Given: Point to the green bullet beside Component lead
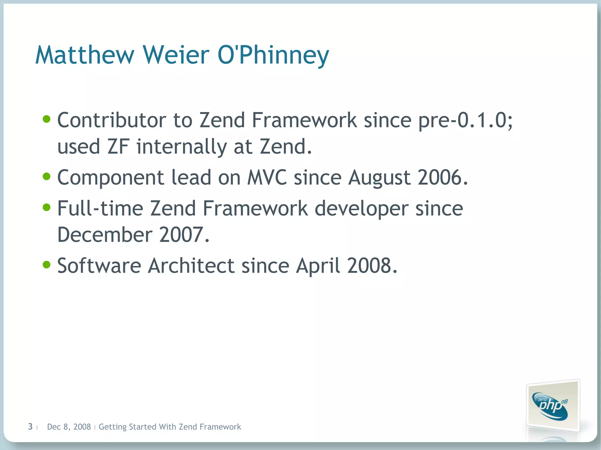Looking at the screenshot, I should point(47,176).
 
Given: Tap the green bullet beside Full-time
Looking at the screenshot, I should point(47,208).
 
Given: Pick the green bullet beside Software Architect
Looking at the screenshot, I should point(47,265).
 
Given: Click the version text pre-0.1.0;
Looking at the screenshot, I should point(465,120).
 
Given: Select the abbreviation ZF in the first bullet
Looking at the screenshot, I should point(118,147).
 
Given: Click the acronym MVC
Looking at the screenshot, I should point(267,177).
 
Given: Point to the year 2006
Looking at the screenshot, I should point(442,177).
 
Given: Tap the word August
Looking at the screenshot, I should point(379,178).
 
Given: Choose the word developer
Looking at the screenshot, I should point(362,209).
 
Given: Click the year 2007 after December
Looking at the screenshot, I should point(184,235).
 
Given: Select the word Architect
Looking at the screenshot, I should point(191,266).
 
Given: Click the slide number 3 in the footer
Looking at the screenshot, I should point(30,427).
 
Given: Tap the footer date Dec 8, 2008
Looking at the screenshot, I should point(69,427).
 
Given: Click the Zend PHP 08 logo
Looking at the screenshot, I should point(552,406).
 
